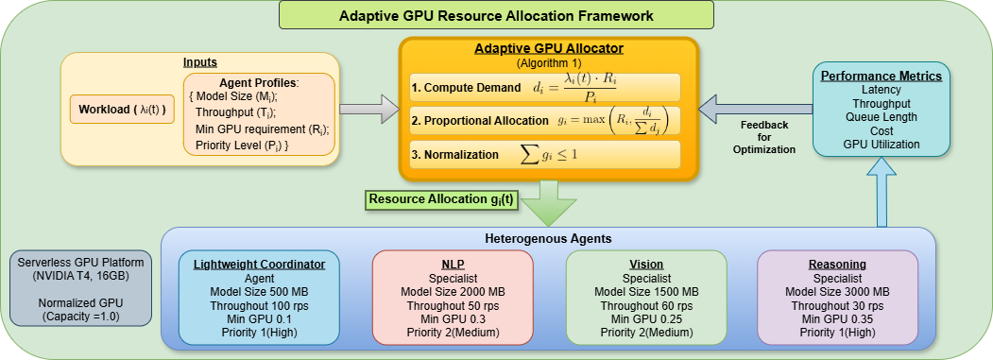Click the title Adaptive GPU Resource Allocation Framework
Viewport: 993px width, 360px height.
click(x=496, y=15)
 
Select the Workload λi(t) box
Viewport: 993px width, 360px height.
click(x=122, y=110)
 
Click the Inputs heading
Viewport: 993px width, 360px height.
click(x=200, y=62)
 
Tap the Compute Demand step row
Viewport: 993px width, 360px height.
click(x=544, y=88)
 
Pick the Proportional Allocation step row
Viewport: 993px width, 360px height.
click(x=544, y=120)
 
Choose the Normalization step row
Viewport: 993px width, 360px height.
click(x=544, y=155)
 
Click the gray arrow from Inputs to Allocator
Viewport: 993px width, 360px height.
click(x=368, y=109)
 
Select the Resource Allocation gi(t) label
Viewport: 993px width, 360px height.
click(x=441, y=198)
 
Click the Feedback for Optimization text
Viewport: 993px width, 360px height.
click(x=764, y=137)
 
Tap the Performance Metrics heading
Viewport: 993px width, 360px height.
click(x=881, y=77)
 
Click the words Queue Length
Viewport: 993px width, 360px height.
click(x=881, y=116)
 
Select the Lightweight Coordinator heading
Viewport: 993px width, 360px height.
click(x=259, y=265)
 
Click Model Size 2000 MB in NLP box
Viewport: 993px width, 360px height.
click(x=453, y=292)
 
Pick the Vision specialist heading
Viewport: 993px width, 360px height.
click(x=646, y=265)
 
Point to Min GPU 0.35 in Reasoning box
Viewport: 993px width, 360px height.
click(x=837, y=318)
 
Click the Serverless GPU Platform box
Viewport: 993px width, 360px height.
click(x=81, y=288)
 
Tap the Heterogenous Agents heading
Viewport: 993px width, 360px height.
click(x=548, y=239)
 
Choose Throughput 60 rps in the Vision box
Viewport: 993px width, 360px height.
click(x=646, y=305)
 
